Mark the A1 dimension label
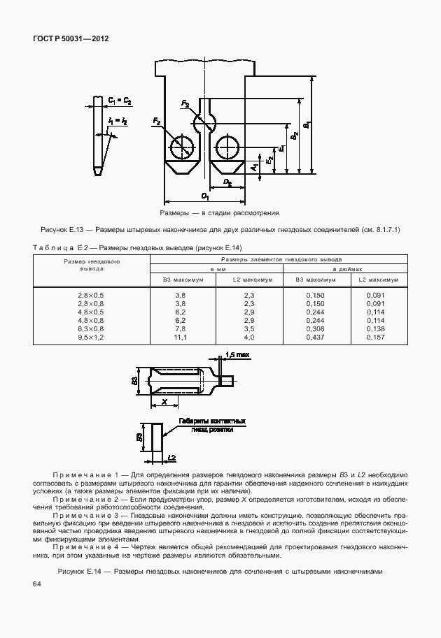click(253, 168)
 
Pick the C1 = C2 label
click(120, 101)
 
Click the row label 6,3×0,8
click(92, 328)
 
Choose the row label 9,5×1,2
click(92, 338)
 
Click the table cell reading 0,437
click(316, 338)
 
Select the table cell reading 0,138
click(376, 328)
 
